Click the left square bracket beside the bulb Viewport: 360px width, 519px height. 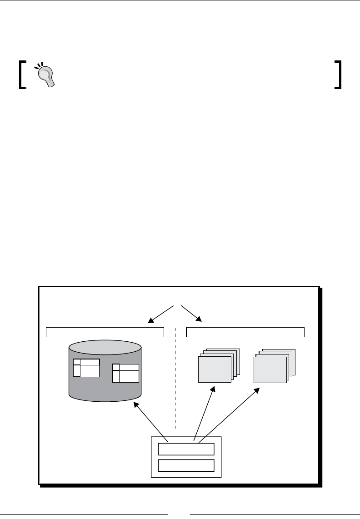click(22, 75)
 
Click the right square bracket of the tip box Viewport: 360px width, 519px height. click(338, 75)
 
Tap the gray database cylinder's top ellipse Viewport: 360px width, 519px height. click(105, 348)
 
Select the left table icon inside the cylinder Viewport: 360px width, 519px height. click(86, 368)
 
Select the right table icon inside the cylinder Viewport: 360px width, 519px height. click(126, 373)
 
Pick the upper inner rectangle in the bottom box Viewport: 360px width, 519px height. click(186, 449)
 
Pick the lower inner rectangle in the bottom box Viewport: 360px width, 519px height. click(186, 465)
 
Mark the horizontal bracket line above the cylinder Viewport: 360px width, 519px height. click(105, 327)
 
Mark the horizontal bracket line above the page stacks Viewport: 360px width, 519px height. click(245, 327)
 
